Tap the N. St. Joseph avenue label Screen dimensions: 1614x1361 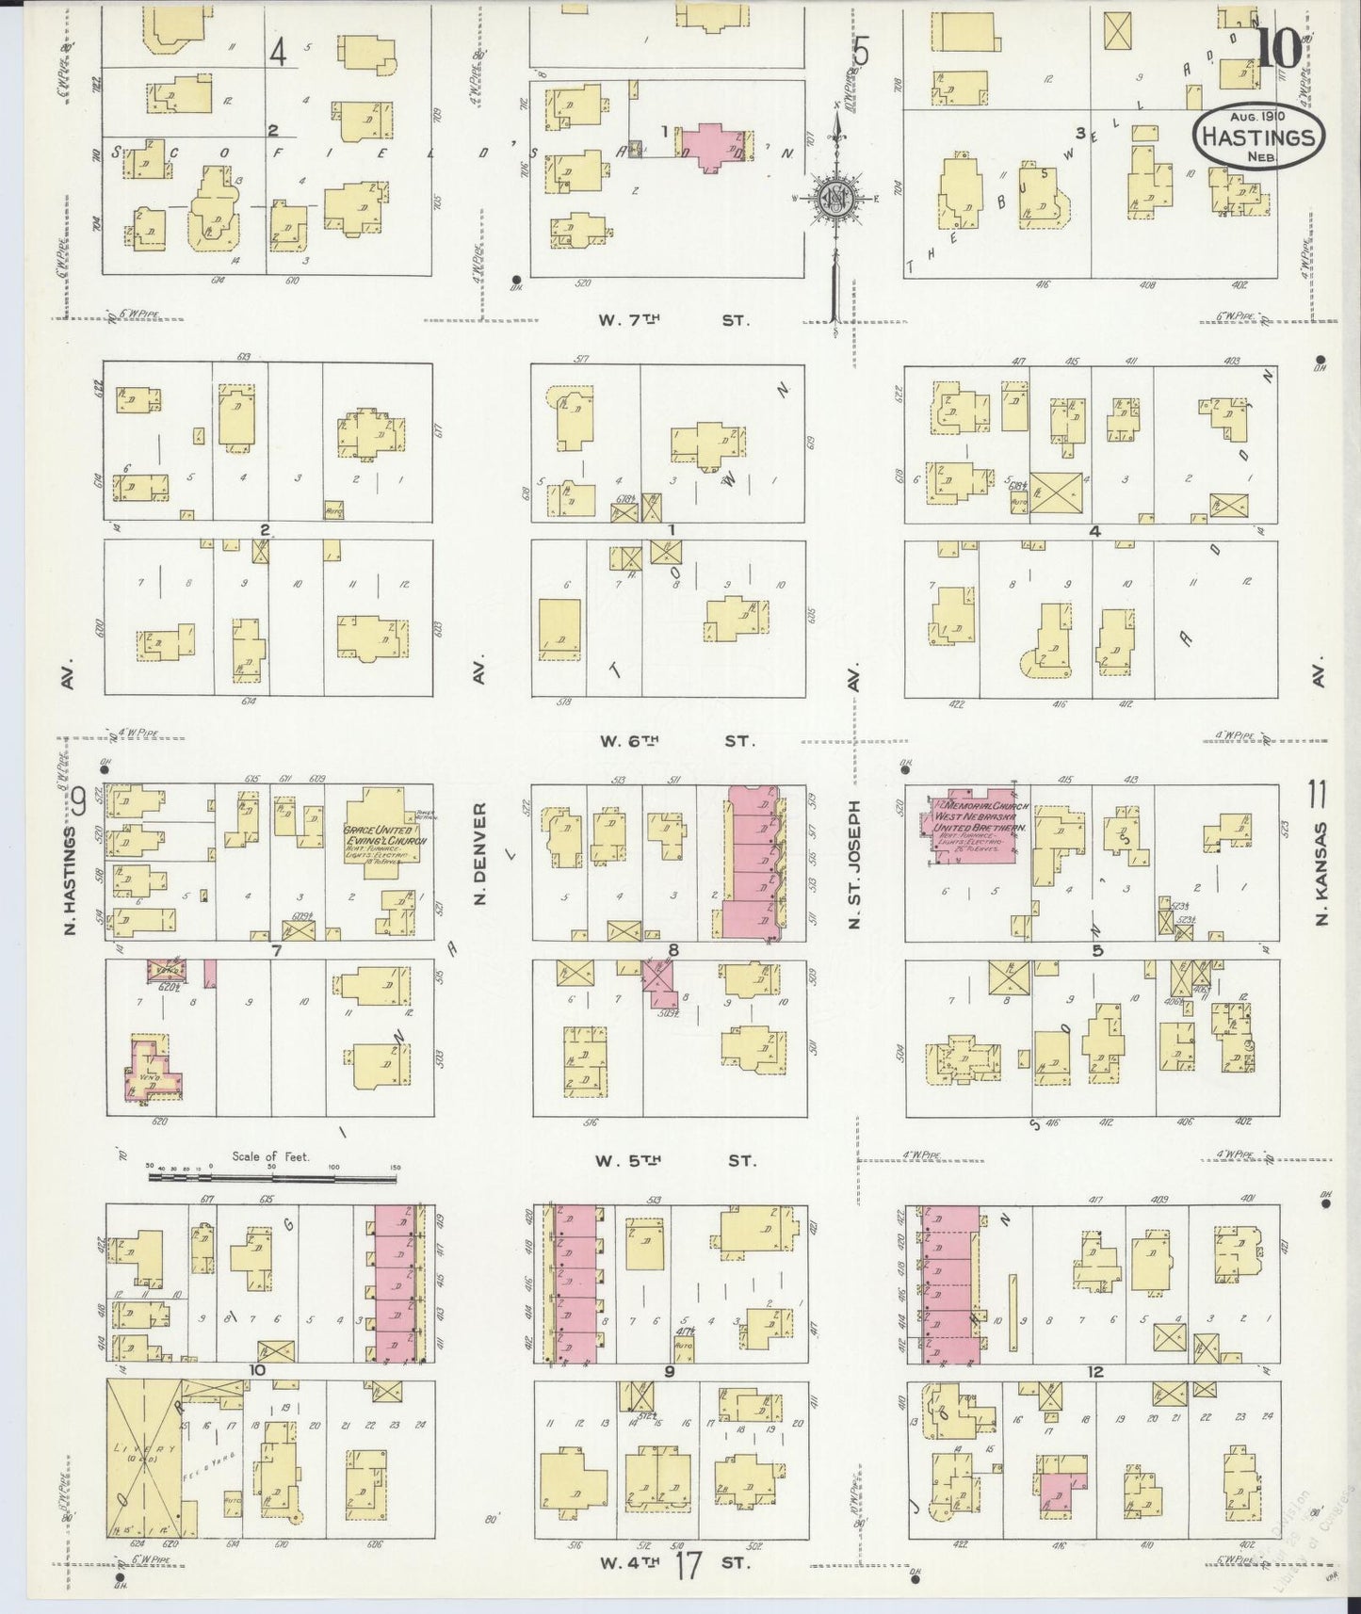click(x=854, y=864)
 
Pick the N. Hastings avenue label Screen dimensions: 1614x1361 click(x=69, y=880)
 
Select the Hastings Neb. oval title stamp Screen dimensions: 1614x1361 click(x=1258, y=137)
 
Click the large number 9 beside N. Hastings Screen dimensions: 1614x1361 click(x=77, y=803)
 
